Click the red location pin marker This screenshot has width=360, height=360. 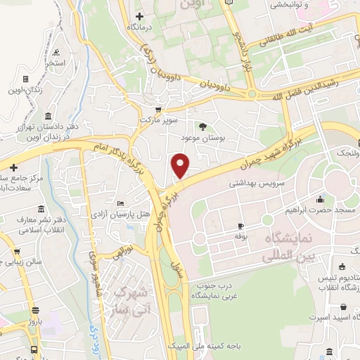[181, 165]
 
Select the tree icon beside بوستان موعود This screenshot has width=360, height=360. [203, 127]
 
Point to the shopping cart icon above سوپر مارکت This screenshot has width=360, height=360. [160, 110]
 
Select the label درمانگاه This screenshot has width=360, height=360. [140, 27]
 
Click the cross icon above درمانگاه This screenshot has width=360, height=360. [139, 15]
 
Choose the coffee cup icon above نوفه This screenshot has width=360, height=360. [240, 226]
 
